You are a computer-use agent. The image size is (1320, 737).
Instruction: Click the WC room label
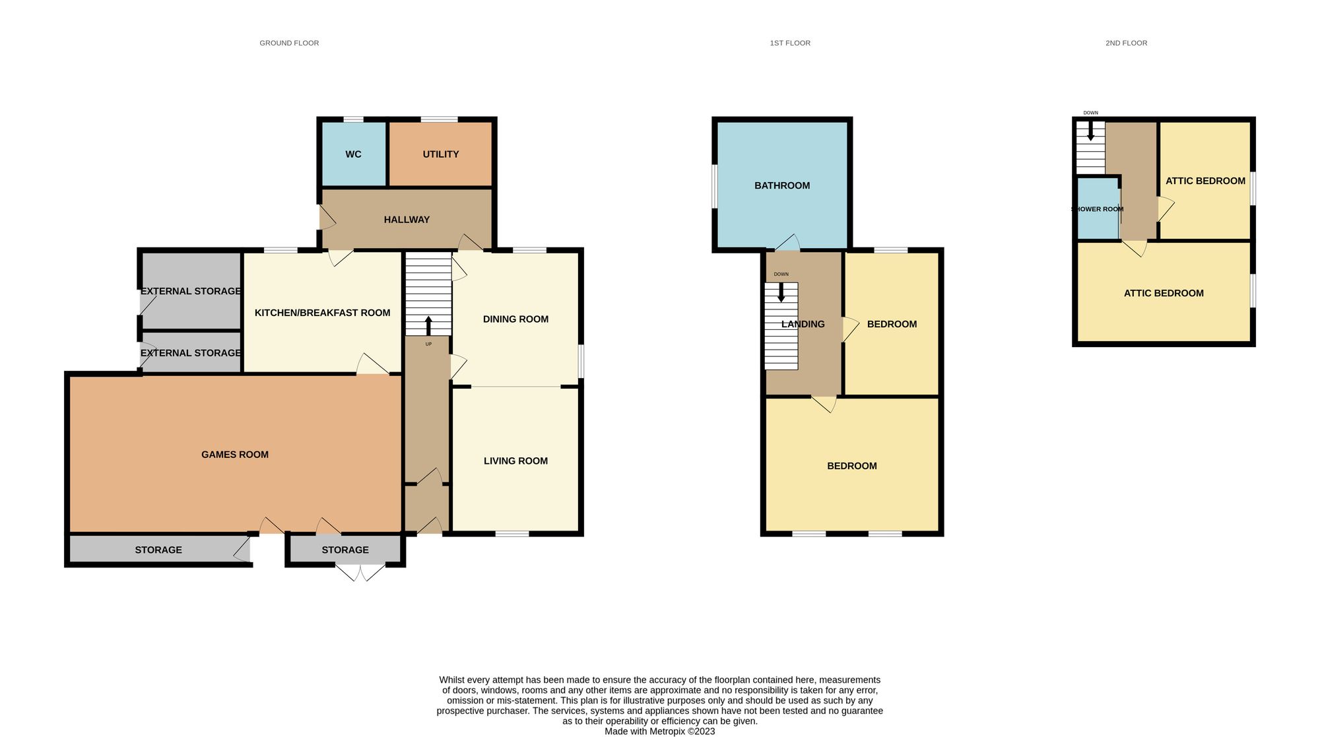[353, 154]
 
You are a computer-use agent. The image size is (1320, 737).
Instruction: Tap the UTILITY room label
[440, 154]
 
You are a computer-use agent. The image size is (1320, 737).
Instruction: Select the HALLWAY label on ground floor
[407, 220]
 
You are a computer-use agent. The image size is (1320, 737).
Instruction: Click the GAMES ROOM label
[234, 455]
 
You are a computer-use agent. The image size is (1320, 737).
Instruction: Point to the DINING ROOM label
[515, 319]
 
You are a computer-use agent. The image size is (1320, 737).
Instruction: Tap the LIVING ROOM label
[515, 461]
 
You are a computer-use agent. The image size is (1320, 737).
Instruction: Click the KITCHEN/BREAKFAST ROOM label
[322, 313]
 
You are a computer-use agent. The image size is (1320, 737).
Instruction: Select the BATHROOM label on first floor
[782, 185]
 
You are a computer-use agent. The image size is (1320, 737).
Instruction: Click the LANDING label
[803, 324]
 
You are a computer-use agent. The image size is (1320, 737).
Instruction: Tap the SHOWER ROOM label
[1097, 209]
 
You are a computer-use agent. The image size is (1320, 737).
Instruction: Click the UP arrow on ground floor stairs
[428, 326]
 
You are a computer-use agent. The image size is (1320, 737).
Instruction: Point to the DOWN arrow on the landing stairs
[781, 292]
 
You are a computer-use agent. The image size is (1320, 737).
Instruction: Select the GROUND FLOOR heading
[289, 43]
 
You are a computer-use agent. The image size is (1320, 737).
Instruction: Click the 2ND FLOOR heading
[1126, 43]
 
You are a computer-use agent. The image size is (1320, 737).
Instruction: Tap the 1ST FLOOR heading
[790, 43]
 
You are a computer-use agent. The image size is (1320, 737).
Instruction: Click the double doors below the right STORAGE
[360, 571]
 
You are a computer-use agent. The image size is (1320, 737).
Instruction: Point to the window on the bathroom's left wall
[713, 185]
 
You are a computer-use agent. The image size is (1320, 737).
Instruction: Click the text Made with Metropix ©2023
[659, 731]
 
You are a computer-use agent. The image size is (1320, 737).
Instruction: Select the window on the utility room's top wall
[439, 119]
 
